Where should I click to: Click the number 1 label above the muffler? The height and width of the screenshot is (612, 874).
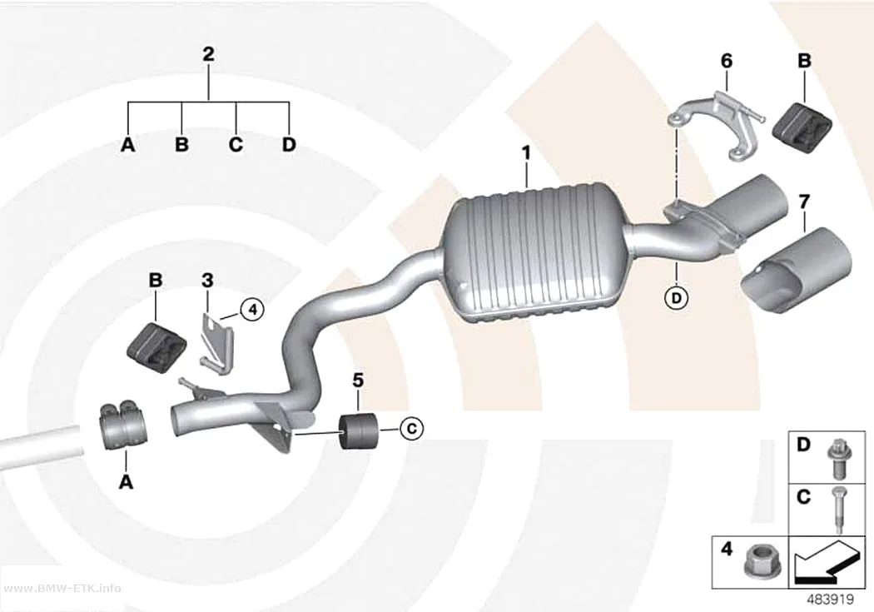click(x=525, y=152)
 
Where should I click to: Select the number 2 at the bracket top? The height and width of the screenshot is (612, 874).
click(x=208, y=54)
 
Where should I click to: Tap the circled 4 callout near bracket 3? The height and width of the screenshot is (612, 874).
click(x=252, y=309)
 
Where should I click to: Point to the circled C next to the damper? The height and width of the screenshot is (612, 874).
click(x=411, y=429)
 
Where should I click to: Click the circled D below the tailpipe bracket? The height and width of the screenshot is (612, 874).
click(x=676, y=298)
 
